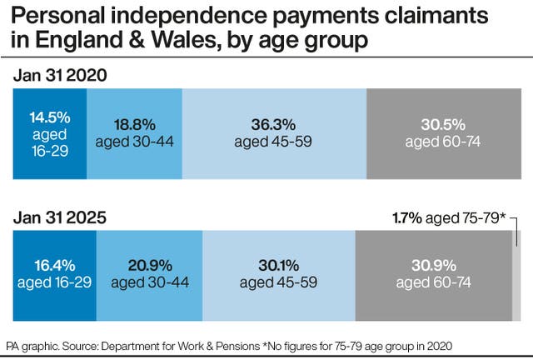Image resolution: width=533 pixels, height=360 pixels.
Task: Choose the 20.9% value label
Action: (x=150, y=266)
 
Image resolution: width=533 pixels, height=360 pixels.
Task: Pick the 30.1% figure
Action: (x=279, y=266)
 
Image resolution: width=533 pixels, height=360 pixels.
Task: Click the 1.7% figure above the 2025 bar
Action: (x=407, y=218)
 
